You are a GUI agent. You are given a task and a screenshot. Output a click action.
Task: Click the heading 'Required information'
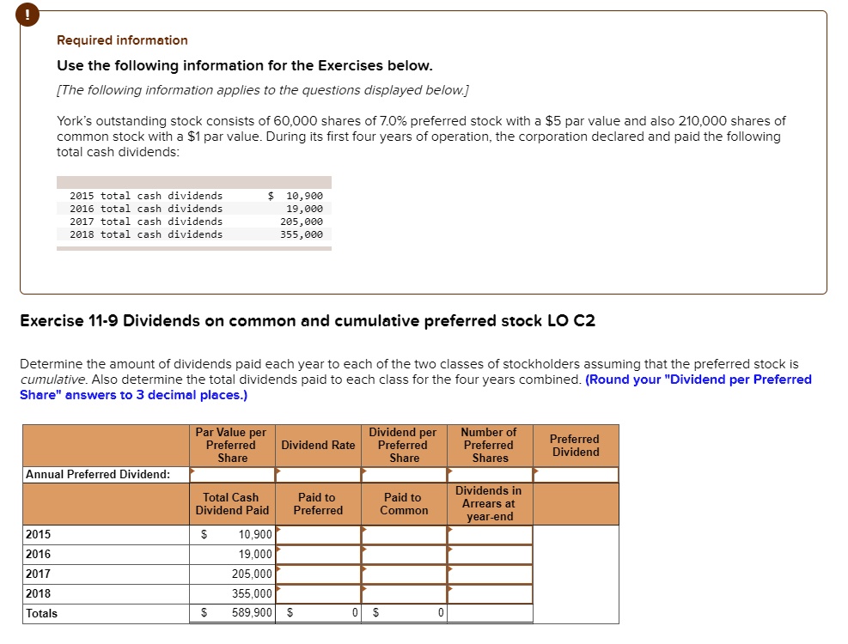(122, 40)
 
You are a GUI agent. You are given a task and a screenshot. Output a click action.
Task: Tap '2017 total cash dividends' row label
(146, 222)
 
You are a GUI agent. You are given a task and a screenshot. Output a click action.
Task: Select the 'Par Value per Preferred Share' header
(231, 445)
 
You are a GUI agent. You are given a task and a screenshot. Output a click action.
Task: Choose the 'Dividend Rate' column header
(318, 445)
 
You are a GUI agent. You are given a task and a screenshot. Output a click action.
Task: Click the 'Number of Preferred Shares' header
(489, 445)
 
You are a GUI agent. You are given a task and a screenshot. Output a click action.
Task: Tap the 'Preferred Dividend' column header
(575, 445)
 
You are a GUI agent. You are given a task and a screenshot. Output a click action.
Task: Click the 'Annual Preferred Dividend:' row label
(98, 474)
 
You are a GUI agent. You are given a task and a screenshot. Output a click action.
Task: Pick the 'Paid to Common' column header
(404, 504)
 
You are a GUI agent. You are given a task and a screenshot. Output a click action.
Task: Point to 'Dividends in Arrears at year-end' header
(489, 504)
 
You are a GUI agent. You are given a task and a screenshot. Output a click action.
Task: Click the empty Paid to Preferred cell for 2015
(318, 535)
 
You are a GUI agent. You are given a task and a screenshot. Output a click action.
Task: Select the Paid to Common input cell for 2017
(404, 574)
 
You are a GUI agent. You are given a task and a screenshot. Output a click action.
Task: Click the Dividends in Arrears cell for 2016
(489, 554)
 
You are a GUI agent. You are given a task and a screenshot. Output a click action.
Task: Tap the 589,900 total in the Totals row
(252, 613)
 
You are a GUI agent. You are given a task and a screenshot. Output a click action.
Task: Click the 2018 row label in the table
(39, 593)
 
